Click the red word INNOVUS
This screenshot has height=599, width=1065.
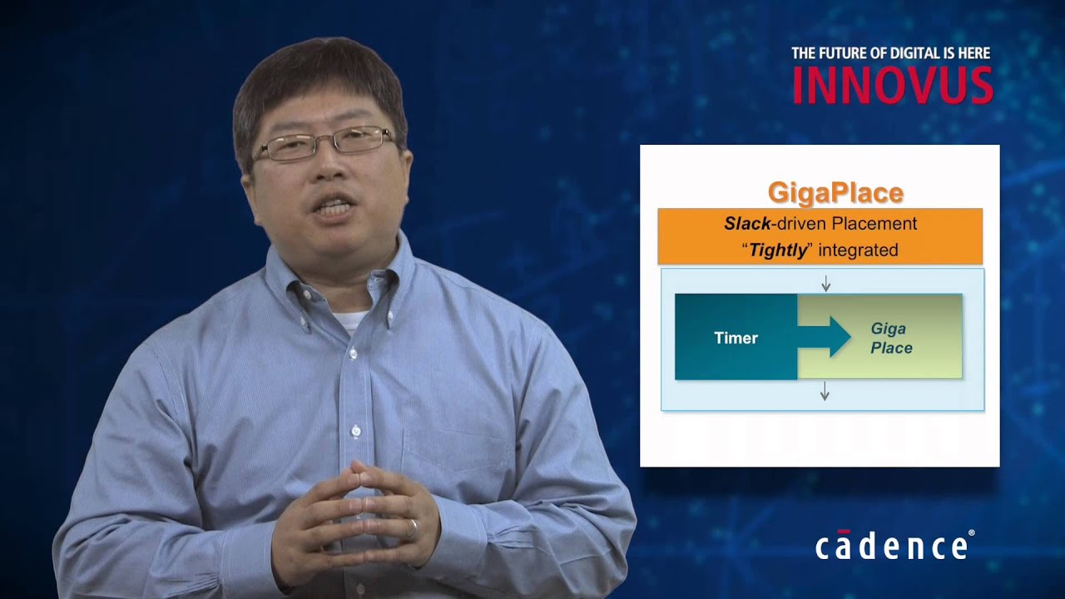(x=892, y=85)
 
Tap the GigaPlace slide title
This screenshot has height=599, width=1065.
(x=835, y=193)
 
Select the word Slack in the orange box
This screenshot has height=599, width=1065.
(x=747, y=224)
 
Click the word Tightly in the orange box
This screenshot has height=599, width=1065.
(x=779, y=250)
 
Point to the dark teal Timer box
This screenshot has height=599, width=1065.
(x=736, y=338)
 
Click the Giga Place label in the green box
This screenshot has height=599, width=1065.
(x=890, y=339)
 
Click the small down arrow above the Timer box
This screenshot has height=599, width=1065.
(x=825, y=285)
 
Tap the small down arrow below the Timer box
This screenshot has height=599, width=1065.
(x=825, y=391)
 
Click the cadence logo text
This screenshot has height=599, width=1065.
(x=890, y=547)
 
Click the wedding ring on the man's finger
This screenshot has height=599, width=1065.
(x=413, y=527)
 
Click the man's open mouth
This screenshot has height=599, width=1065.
(x=335, y=208)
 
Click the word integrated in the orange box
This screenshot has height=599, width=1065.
(x=858, y=250)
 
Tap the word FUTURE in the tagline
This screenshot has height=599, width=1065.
(x=840, y=53)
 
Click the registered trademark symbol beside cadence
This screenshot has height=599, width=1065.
(x=971, y=533)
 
